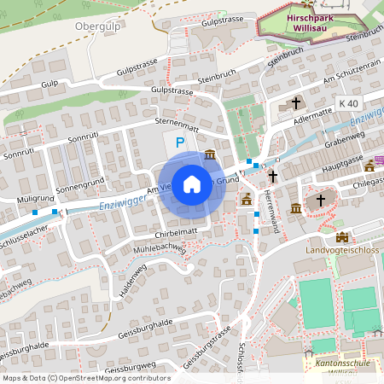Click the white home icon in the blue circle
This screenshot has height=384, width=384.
(x=192, y=183)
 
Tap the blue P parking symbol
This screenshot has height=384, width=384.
(x=179, y=143)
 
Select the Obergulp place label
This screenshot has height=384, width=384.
(x=96, y=26)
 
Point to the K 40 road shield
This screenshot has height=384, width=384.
(x=348, y=103)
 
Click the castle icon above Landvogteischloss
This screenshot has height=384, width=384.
(x=341, y=236)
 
